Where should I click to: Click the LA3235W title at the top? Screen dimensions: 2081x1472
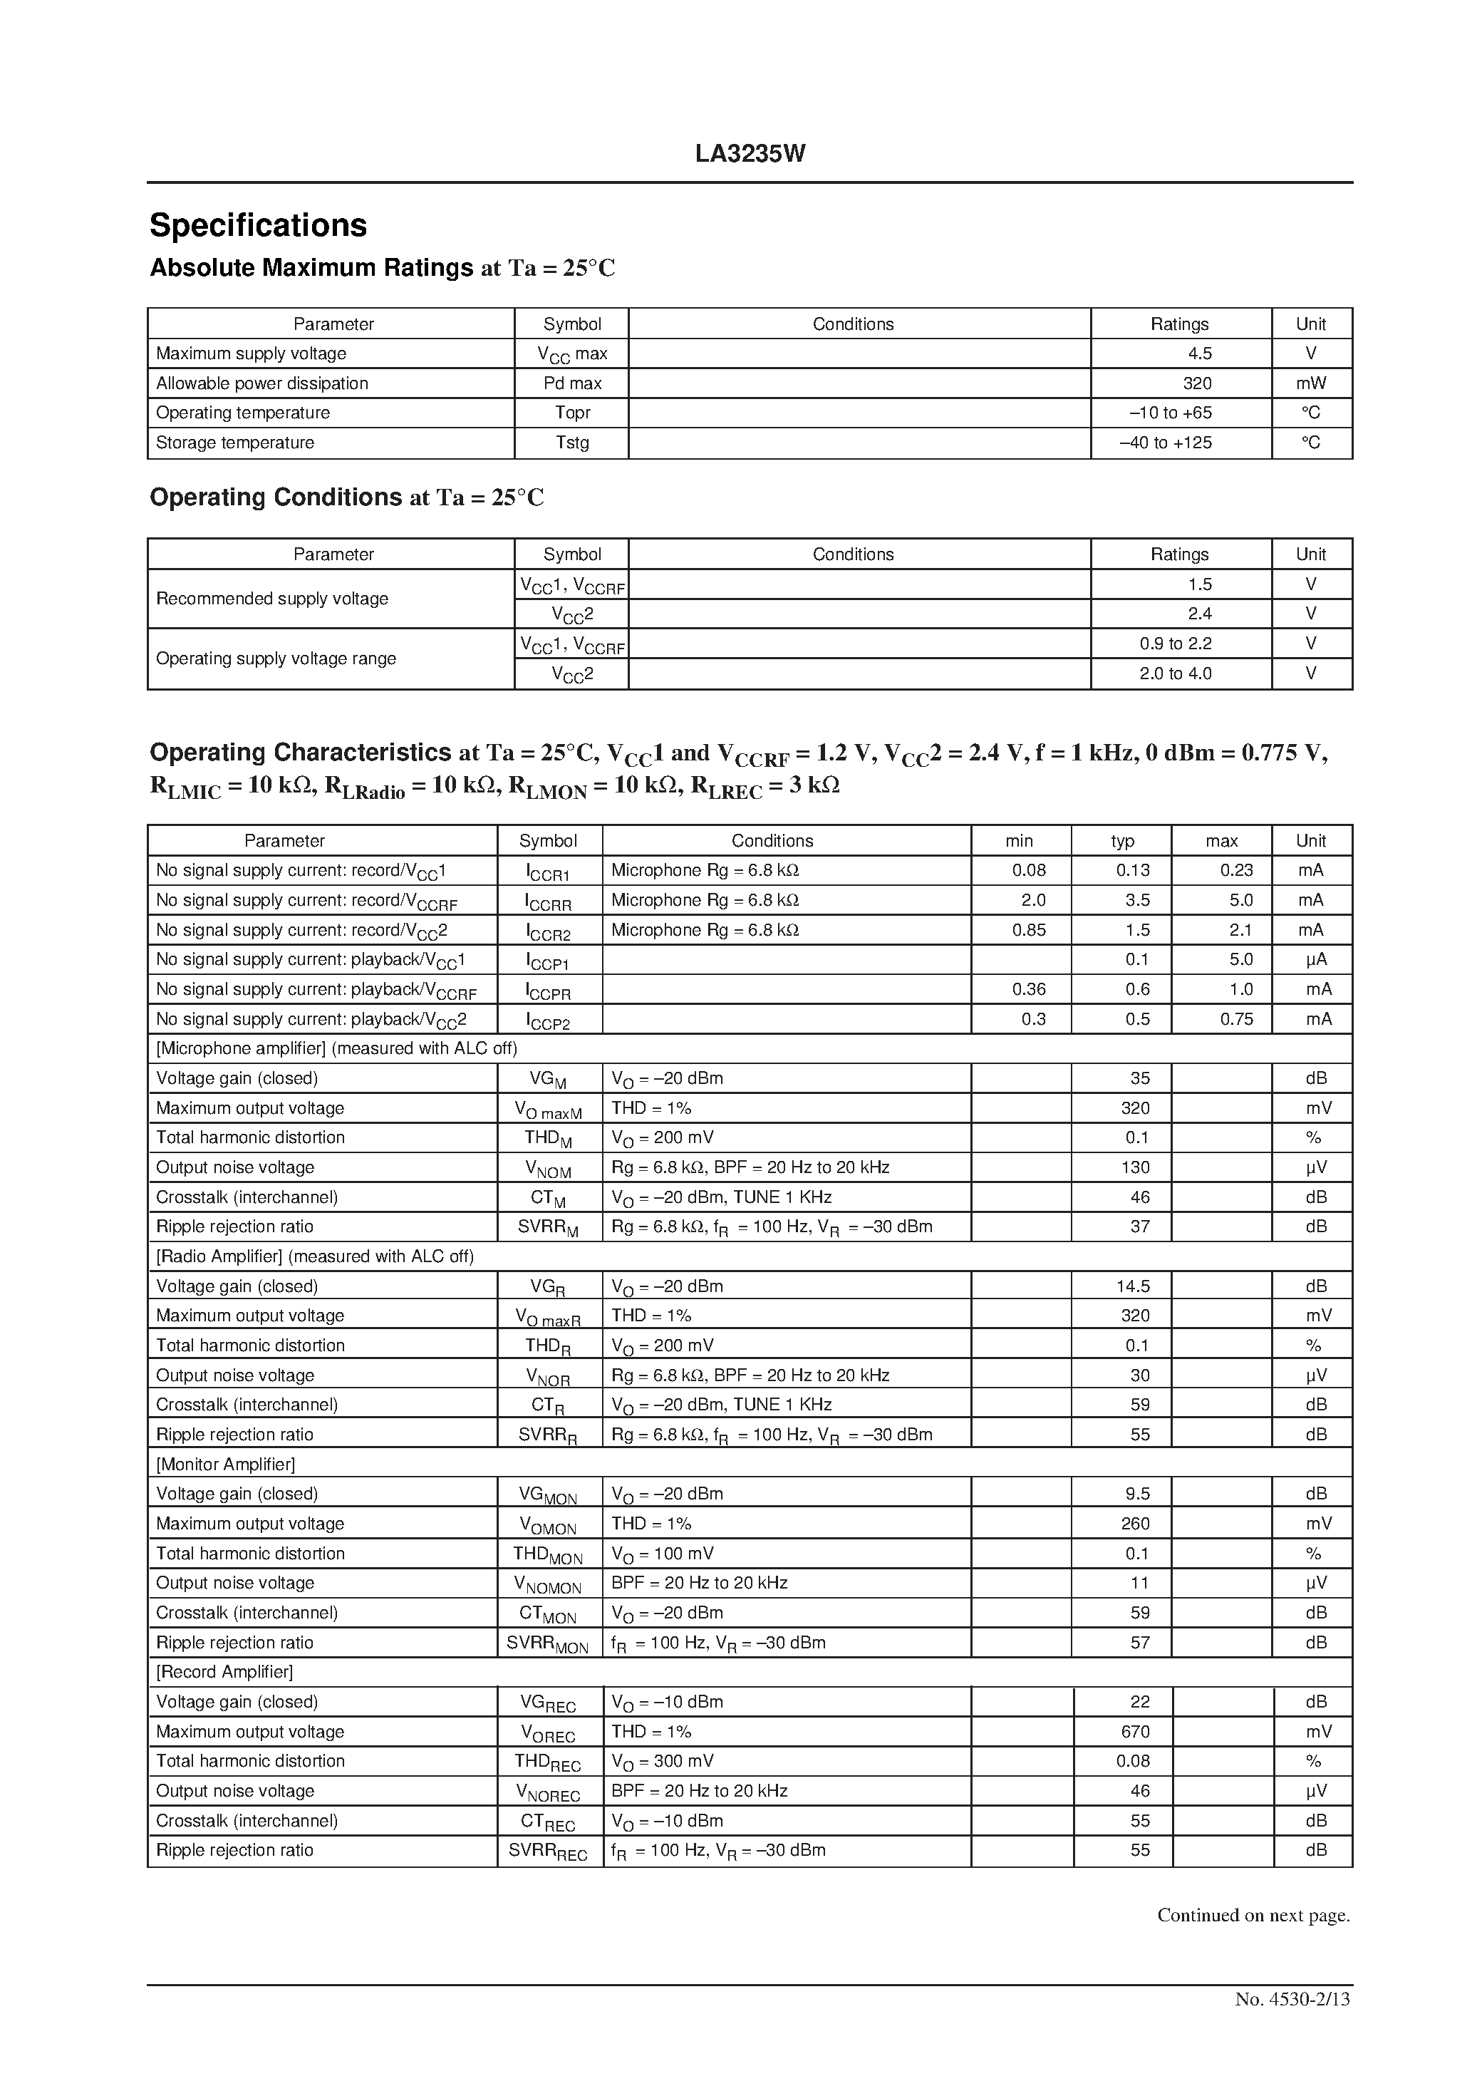(x=750, y=154)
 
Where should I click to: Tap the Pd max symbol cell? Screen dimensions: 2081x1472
(x=572, y=383)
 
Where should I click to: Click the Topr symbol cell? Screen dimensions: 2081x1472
(x=572, y=413)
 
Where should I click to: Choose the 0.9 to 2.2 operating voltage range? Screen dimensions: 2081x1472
(x=1176, y=644)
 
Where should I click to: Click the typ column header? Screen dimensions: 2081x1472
(x=1122, y=841)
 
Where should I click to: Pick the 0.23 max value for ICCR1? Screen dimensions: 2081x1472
(x=1235, y=870)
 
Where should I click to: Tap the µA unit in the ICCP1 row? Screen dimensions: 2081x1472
(x=1318, y=960)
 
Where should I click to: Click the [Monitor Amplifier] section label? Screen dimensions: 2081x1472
(x=226, y=1465)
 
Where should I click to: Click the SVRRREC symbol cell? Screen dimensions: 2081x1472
(x=547, y=1852)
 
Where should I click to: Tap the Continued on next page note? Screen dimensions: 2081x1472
(x=1253, y=1915)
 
